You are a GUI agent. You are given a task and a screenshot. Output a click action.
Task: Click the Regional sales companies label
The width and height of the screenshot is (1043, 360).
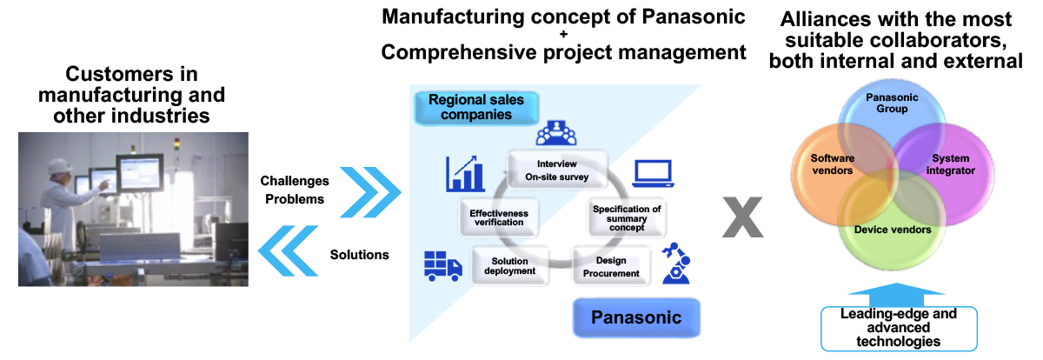(476, 107)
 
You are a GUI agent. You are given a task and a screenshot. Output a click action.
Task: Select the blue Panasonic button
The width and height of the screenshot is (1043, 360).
(635, 318)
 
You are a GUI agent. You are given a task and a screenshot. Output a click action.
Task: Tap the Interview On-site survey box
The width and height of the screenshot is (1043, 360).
(557, 170)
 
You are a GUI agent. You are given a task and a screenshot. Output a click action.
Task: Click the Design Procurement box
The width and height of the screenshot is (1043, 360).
(610, 266)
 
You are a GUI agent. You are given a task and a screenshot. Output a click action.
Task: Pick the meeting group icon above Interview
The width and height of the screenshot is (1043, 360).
(556, 133)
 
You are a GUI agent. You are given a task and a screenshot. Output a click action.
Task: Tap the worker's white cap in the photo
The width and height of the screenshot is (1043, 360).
(59, 165)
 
